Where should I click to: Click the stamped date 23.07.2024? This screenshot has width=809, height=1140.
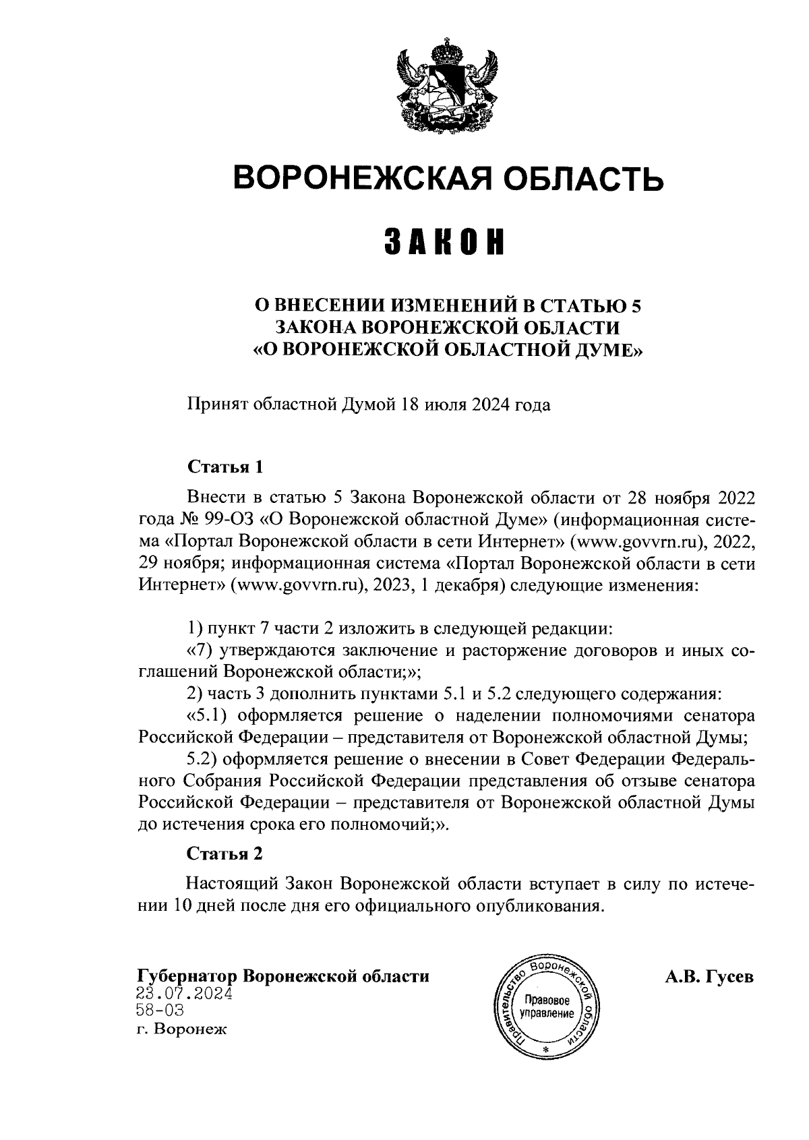click(x=184, y=994)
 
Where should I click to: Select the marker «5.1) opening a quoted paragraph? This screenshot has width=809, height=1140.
click(x=206, y=715)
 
